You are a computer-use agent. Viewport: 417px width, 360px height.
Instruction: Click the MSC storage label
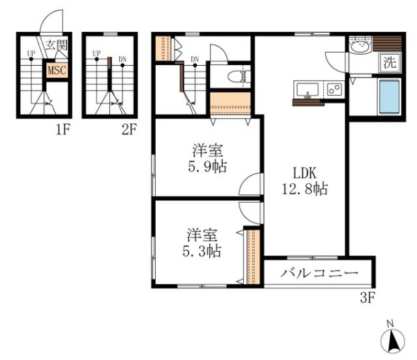click(57, 70)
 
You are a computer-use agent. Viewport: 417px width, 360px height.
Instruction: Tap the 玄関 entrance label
click(56, 45)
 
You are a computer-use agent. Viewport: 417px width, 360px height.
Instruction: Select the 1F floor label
click(63, 130)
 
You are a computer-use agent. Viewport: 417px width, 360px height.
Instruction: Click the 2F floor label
click(129, 130)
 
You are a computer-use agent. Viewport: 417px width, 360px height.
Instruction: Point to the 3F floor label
click(367, 298)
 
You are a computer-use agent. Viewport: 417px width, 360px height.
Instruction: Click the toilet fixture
click(239, 76)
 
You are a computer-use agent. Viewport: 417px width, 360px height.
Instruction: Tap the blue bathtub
click(390, 97)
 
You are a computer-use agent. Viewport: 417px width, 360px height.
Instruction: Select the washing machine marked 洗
click(390, 63)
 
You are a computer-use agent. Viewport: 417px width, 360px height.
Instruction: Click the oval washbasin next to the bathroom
click(360, 48)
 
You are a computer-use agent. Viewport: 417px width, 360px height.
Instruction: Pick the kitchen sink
click(308, 90)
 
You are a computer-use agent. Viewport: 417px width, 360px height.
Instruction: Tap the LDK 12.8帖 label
click(305, 181)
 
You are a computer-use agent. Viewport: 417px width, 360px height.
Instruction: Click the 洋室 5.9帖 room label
click(207, 158)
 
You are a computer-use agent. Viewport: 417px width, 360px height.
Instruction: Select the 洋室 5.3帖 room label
click(202, 243)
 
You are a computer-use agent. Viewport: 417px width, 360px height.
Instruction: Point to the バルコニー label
click(319, 273)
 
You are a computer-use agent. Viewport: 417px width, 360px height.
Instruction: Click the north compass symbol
click(392, 338)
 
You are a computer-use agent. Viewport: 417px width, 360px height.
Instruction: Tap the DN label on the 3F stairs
click(195, 59)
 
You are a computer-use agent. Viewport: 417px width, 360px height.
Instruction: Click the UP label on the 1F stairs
click(31, 53)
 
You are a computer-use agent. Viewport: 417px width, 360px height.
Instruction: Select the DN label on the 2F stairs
click(122, 59)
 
